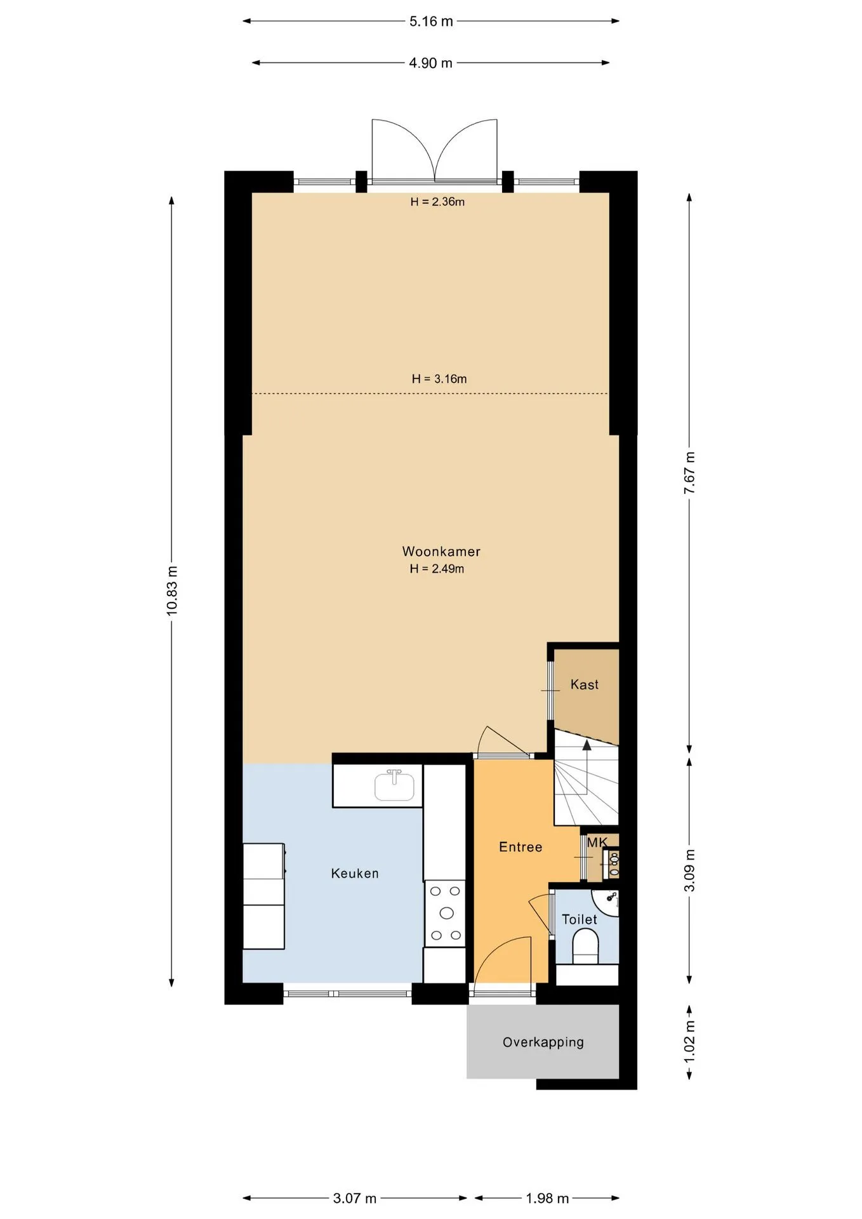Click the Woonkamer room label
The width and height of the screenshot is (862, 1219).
pos(441,552)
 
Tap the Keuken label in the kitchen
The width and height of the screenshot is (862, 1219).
pos(355,874)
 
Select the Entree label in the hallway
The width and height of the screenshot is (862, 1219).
pos(521,847)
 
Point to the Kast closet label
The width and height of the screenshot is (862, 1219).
pos(584,684)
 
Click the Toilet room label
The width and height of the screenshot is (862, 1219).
pos(579,919)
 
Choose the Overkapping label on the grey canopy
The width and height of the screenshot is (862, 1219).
pos(543,1042)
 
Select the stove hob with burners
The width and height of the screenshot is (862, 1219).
pos(445,913)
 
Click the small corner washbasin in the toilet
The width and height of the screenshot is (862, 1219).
pos(607,902)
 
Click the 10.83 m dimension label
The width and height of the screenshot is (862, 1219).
pos(172,590)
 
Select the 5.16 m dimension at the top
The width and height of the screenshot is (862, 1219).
pos(431,21)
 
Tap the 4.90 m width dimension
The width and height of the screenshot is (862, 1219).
pos(430,63)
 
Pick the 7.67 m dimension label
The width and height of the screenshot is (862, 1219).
pos(689,473)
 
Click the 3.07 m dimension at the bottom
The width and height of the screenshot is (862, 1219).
pos(355,1198)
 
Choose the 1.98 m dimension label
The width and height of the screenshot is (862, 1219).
pos(547,1198)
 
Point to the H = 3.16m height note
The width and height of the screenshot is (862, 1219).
pos(439,379)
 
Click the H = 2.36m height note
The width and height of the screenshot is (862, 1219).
pos(437,202)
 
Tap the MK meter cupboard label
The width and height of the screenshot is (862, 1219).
pos(597,843)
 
